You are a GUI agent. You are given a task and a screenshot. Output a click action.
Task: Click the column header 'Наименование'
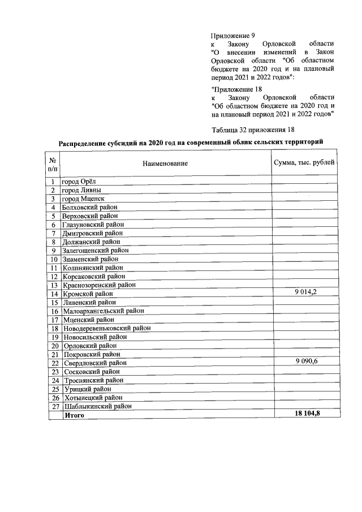pyautogui.click(x=165, y=164)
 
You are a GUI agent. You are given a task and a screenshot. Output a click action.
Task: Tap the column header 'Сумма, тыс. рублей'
pyautogui.click(x=304, y=163)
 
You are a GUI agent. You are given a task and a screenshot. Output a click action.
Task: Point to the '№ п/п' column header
pyautogui.click(x=53, y=164)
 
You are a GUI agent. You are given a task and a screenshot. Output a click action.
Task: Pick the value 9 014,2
pyautogui.click(x=305, y=292)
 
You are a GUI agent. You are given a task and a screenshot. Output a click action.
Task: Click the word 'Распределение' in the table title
pyautogui.click(x=85, y=142)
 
